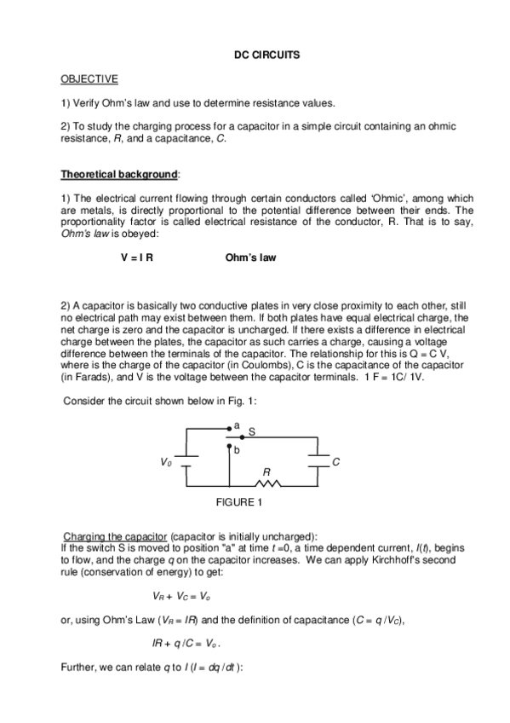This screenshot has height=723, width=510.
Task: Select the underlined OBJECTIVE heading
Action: [x=89, y=79]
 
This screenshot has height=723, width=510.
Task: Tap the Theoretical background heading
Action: [x=118, y=175]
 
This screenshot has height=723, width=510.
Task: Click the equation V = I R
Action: [x=137, y=257]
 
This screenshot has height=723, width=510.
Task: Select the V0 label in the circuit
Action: [x=165, y=461]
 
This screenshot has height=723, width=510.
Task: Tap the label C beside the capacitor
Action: [x=336, y=461]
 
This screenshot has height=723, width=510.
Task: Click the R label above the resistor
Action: [x=266, y=471]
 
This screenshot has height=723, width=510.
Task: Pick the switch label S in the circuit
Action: [x=251, y=434]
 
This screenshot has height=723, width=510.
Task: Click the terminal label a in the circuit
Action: [x=237, y=424]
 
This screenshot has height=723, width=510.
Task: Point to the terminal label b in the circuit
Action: [x=237, y=448]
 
